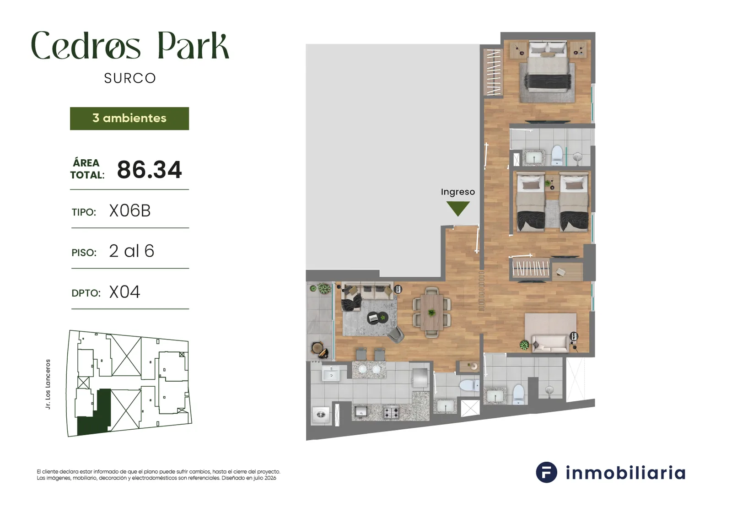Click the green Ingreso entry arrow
point(458,208)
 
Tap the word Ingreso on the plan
point(458,192)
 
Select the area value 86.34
point(149,170)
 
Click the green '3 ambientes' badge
point(129,119)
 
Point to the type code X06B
point(130,211)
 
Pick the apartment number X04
point(124,292)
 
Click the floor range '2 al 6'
point(132,251)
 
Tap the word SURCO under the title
point(130,78)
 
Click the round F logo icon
point(546,472)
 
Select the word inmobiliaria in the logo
point(625,473)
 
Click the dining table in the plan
point(432,312)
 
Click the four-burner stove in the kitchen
point(391,412)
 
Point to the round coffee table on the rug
point(377,317)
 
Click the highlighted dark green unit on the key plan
point(95,415)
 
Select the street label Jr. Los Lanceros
point(48,384)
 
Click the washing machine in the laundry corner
point(321,415)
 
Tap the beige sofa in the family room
point(551,344)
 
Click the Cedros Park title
point(130,46)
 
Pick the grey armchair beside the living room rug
point(396,335)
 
